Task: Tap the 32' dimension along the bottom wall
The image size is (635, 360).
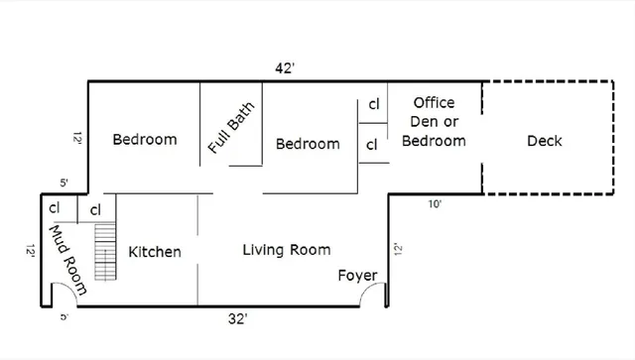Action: (236, 318)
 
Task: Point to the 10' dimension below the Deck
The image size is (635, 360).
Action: (435, 204)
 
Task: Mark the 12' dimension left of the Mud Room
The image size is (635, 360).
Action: (31, 252)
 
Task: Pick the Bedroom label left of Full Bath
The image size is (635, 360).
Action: (144, 139)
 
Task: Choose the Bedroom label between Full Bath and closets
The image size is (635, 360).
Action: (308, 144)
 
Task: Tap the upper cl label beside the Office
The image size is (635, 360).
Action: (373, 103)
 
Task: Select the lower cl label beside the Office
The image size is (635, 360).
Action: (373, 145)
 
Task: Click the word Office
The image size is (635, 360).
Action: (434, 102)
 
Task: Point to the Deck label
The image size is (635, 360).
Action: (544, 141)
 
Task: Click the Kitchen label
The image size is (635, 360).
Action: (155, 252)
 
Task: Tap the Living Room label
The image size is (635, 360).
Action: (287, 249)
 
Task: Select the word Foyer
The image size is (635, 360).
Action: (357, 275)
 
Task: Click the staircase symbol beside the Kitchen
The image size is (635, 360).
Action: (103, 252)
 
